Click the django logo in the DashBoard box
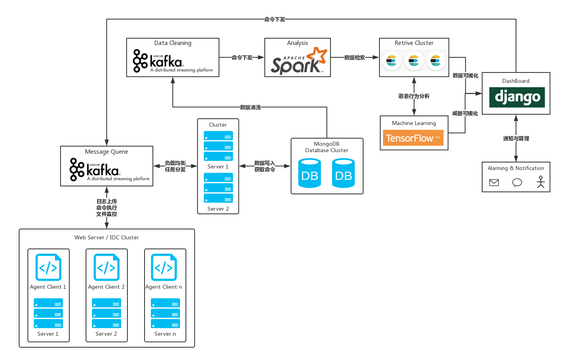517,97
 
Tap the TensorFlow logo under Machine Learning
413,138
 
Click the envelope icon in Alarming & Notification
494,182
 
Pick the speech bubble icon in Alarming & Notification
517,182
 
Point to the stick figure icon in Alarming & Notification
540,182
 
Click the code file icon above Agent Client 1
49,267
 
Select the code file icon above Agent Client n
164,267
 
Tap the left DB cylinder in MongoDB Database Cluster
309,173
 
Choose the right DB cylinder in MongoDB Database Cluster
343,173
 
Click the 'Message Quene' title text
106,152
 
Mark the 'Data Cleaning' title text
173,43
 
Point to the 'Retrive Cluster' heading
414,43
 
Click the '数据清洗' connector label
250,107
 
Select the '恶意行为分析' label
414,96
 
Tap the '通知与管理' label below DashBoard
516,138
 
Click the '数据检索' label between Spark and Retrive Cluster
355,57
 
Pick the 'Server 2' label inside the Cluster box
218,209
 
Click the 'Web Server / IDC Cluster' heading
107,237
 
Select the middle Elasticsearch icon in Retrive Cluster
414,61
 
